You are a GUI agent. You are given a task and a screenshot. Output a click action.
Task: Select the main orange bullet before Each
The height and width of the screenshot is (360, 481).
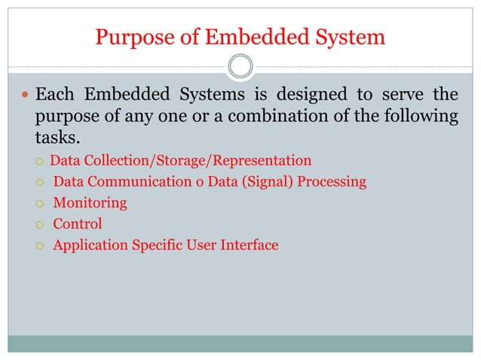pos(25,96)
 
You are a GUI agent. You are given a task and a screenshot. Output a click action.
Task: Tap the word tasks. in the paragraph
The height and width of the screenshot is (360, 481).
pos(57,139)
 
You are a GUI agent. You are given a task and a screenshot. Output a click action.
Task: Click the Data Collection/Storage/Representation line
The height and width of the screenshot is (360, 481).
pos(180,160)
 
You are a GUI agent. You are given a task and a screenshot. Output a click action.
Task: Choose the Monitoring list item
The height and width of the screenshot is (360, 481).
pos(90,203)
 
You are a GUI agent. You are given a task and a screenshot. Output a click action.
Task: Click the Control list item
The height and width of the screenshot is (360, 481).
pos(77,224)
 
